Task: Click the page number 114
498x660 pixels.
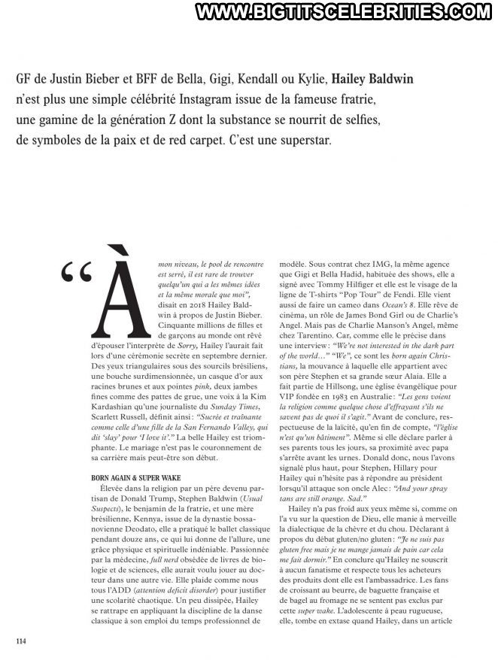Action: click(20, 640)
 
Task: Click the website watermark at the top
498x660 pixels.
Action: click(344, 12)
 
